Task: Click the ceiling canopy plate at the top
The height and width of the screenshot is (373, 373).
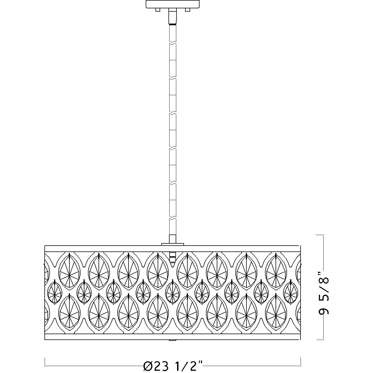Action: click(x=173, y=4)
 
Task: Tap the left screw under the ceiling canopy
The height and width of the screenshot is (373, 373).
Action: click(x=158, y=10)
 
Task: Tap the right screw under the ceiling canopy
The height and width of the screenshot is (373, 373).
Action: click(x=188, y=10)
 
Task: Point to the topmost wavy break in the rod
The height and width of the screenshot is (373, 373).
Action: click(x=172, y=43)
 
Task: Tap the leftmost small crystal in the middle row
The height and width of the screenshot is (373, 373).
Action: click(x=54, y=292)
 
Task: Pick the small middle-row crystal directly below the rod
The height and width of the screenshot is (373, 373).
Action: click(x=172, y=292)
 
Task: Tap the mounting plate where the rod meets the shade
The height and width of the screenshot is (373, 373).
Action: click(x=173, y=244)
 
